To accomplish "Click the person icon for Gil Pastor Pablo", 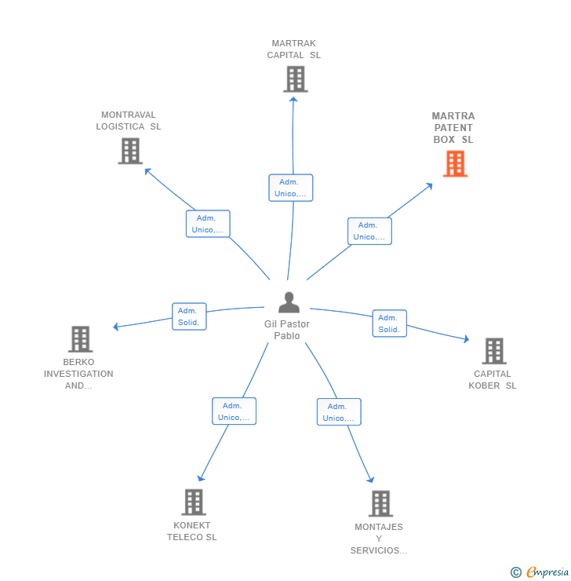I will coord(289,302).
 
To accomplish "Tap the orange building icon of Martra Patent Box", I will coord(455,164).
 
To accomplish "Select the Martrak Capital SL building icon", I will coord(295,79).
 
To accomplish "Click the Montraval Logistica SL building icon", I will coord(130,151).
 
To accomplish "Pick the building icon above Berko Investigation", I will coord(80,339).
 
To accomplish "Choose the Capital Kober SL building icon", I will coord(493,351).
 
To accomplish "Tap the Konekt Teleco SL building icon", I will coord(193,502).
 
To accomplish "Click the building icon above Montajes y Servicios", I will coord(380,503).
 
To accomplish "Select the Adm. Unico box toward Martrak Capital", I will coord(291,188).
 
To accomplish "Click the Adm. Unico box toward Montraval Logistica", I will coord(208,224).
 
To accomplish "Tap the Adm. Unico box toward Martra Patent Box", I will coord(369,231).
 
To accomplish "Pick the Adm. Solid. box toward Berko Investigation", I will coord(189,316).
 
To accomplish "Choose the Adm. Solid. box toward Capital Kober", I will coord(389,323).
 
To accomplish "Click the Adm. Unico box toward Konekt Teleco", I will coord(234,411).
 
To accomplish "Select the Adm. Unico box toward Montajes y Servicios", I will coord(339,412).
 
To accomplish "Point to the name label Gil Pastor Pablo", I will coord(287,330).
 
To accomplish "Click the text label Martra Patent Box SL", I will coord(453,128).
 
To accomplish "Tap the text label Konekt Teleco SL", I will coord(192,532).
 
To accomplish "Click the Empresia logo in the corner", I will coord(546,572).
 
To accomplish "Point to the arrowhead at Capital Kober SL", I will coord(466,339).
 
